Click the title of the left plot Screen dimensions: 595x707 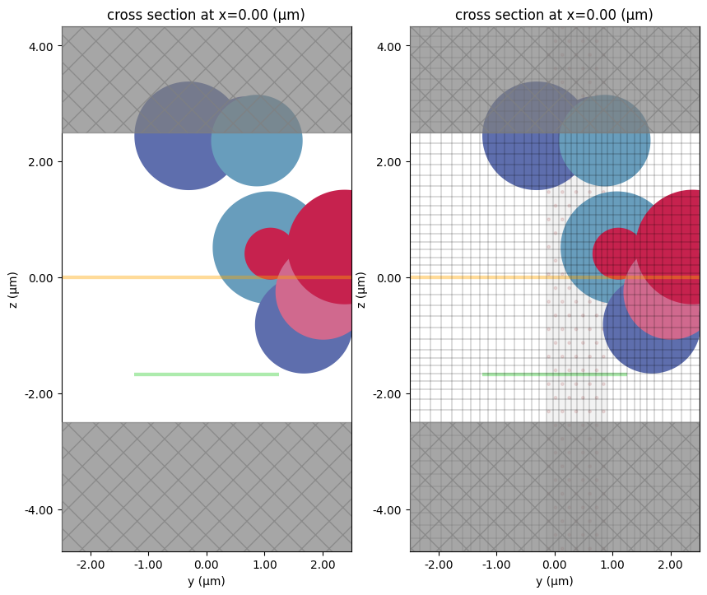pyautogui.click(x=207, y=15)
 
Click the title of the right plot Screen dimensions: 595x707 pyautogui.click(x=555, y=15)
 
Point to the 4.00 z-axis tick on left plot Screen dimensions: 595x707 pyautogui.click(x=41, y=47)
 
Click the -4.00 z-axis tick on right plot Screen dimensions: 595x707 pyautogui.click(x=388, y=509)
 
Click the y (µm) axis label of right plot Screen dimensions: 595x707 pyautogui.click(x=555, y=582)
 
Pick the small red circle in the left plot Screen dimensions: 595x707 pyautogui.click(x=268, y=253)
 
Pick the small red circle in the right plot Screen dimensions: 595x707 pyautogui.click(x=616, y=253)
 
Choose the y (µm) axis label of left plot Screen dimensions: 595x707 pyautogui.click(x=207, y=582)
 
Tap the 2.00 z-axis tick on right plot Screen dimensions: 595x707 pyautogui.click(x=389, y=162)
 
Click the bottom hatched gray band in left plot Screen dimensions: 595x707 pyautogui.click(x=207, y=486)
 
